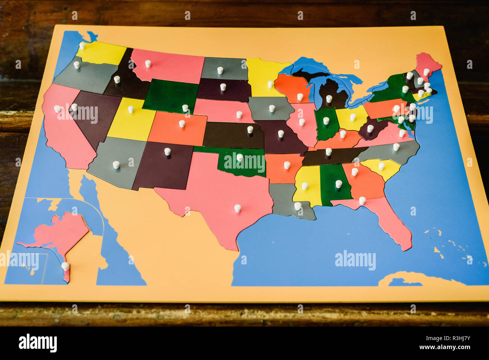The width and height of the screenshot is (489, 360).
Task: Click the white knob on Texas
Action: click(x=237, y=208)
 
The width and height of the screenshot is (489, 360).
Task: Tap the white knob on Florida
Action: click(x=362, y=201)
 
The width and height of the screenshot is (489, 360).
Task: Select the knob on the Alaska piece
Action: click(x=65, y=266)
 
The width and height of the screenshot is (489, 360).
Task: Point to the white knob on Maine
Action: click(x=426, y=71)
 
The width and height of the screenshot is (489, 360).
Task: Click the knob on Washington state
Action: click(x=82, y=46)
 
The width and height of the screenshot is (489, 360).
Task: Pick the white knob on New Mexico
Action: click(x=167, y=151)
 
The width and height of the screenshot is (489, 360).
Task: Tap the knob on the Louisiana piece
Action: click(x=298, y=206)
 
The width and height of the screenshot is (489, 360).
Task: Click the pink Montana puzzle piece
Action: click(x=169, y=66)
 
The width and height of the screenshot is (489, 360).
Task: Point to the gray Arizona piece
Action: click(x=117, y=162)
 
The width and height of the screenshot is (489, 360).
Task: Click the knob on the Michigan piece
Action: click(x=329, y=99)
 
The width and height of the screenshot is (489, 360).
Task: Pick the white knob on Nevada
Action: click(x=74, y=107)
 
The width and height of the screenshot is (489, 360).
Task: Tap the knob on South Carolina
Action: click(x=381, y=166)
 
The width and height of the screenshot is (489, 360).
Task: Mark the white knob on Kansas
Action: click(x=250, y=129)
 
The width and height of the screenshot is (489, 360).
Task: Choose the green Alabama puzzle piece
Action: click(x=335, y=184)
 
